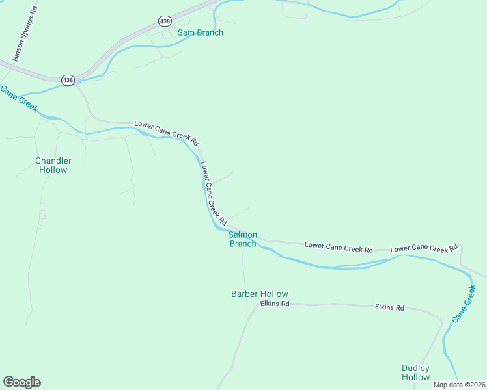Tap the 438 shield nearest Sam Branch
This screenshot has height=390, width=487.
165,21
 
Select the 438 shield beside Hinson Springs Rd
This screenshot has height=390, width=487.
68,79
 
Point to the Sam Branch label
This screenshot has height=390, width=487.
201,32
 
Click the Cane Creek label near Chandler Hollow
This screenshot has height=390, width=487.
19,99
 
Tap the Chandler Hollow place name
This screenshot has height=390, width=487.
53,165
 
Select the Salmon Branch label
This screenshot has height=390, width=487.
243,239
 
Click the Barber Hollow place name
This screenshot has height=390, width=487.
260,294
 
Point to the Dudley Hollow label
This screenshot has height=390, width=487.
415,372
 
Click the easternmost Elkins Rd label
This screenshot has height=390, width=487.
389,307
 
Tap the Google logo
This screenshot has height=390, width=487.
21,382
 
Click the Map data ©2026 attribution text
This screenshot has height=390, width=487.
459,385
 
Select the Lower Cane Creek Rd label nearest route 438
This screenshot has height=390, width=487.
166,132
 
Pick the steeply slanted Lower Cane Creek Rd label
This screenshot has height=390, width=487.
213,194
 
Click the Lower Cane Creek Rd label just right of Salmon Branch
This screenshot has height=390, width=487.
339,248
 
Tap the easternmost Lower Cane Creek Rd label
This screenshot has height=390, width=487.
424,248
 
